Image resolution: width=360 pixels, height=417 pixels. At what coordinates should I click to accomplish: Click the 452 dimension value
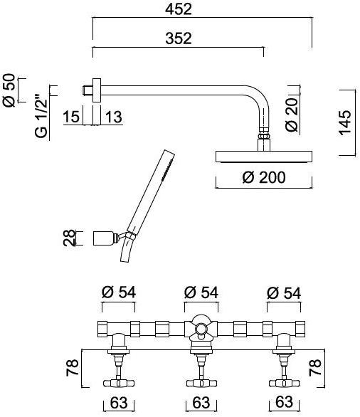coord(179,9)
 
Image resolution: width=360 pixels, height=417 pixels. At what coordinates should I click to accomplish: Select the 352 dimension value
coord(179,38)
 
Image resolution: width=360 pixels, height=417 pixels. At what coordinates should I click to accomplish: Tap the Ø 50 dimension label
coord(9,90)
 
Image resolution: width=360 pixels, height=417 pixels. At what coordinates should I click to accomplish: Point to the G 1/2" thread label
coord(41,116)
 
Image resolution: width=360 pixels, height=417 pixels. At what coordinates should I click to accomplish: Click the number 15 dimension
coord(71,117)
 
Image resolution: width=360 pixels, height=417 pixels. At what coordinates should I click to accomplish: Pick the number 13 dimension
coord(114,117)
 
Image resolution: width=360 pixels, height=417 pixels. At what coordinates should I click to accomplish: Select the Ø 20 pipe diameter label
coord(292,115)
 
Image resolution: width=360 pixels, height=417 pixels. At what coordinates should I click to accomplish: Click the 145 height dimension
coord(345,122)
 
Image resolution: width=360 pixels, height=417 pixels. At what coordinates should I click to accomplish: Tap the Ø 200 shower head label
coord(264,177)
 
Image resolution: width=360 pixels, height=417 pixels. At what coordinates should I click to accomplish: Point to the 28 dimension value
coord(69,238)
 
